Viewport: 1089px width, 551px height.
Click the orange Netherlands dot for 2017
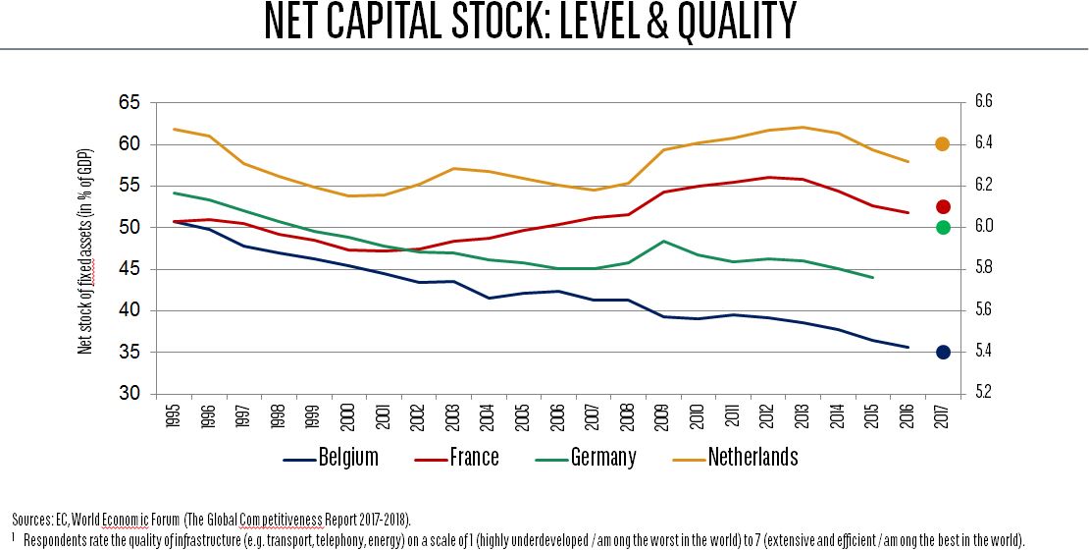[x=943, y=144]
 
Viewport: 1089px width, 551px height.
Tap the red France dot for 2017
[x=943, y=206]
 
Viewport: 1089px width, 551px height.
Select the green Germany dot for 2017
[x=943, y=227]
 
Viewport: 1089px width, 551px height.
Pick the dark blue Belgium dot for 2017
[x=943, y=352]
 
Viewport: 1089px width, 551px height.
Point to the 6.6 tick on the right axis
[x=982, y=102]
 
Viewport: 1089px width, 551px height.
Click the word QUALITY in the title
[x=729, y=22]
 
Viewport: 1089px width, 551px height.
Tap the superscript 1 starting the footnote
[x=15, y=537]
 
